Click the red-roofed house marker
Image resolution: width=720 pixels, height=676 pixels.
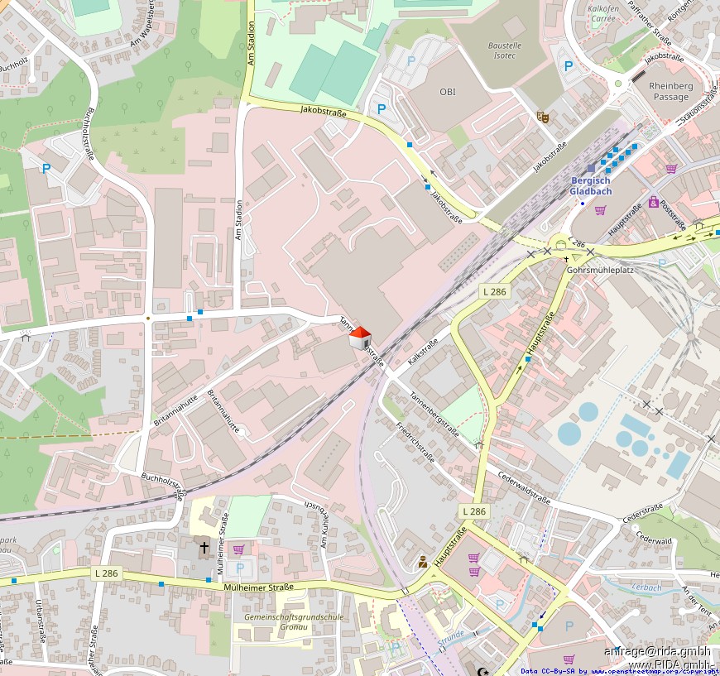(x=359, y=338)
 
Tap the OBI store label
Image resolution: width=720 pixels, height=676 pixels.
(x=448, y=92)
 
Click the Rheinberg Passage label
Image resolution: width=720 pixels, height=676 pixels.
(x=670, y=91)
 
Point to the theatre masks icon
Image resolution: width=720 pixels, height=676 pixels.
(x=542, y=117)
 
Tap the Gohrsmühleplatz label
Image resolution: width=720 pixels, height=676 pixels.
(x=599, y=270)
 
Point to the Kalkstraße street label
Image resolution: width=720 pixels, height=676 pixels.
(x=423, y=351)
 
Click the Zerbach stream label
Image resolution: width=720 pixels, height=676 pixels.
(x=646, y=587)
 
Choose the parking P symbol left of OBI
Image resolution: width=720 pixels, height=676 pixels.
(x=382, y=108)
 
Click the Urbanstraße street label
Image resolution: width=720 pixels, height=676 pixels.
(x=40, y=621)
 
